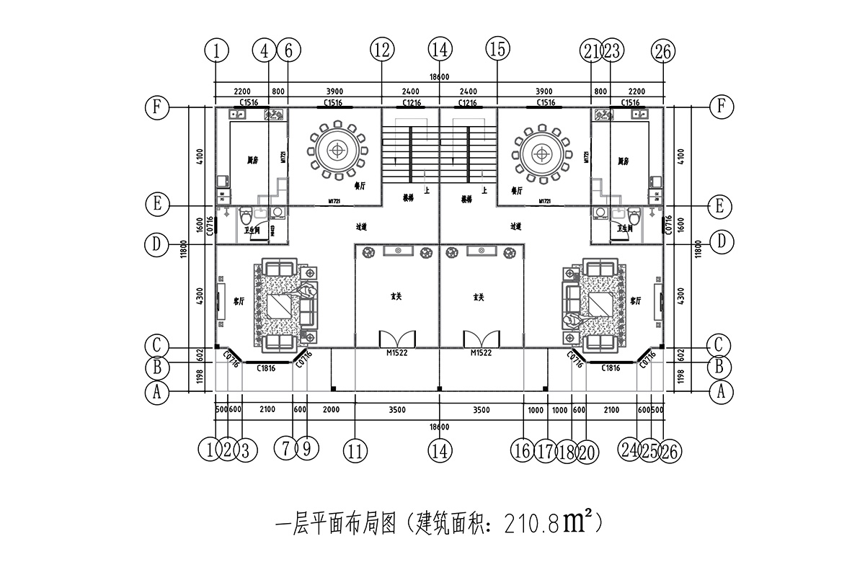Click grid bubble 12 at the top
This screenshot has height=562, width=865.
(x=382, y=50)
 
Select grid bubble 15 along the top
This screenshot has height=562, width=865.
(x=497, y=50)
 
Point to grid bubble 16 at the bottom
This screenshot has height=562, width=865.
(x=523, y=451)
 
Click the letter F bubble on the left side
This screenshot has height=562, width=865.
(x=156, y=107)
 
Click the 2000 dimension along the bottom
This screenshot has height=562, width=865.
(x=331, y=410)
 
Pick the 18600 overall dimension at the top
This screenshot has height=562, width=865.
(x=439, y=77)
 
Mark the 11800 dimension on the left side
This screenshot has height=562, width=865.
(x=184, y=249)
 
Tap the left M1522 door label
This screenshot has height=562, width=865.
(x=397, y=353)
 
